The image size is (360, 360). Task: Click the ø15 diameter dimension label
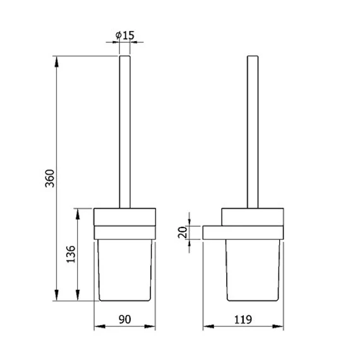click(125, 35)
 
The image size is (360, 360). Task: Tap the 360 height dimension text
click(50, 178)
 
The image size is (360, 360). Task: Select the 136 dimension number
click(71, 254)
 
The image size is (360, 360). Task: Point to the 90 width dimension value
click(124, 320)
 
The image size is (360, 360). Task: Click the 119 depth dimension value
click(243, 320)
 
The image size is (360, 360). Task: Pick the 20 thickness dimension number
click(183, 232)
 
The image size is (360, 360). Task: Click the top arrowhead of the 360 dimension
click(56, 61)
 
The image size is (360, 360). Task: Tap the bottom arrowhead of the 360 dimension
click(56, 295)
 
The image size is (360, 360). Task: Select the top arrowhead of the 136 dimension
click(78, 213)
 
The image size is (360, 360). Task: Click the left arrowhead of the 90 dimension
click(100, 327)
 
